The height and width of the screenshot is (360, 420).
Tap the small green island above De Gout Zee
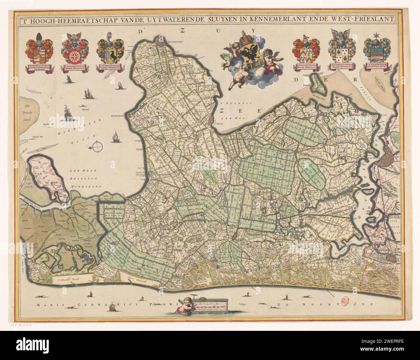coord(315,83)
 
